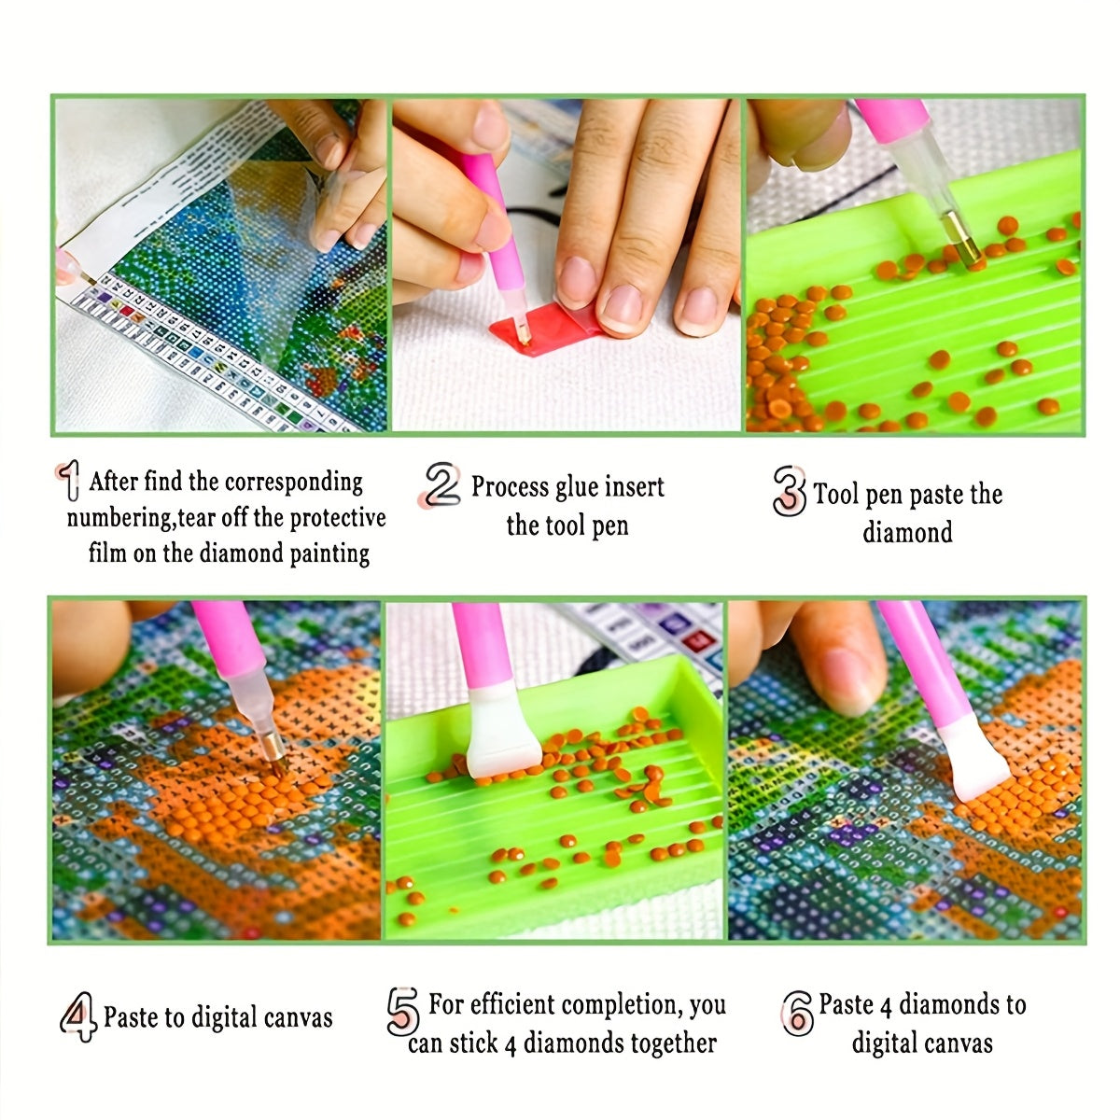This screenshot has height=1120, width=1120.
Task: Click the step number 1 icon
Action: tap(68, 483)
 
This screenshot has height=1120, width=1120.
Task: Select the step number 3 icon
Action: tap(790, 491)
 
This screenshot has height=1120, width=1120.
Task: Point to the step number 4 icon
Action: tap(79, 1016)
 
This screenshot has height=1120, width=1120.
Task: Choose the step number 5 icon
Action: tap(403, 1011)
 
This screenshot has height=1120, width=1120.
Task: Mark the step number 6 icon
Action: tap(798, 1012)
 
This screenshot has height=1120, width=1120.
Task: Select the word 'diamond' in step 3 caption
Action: tap(907, 533)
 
